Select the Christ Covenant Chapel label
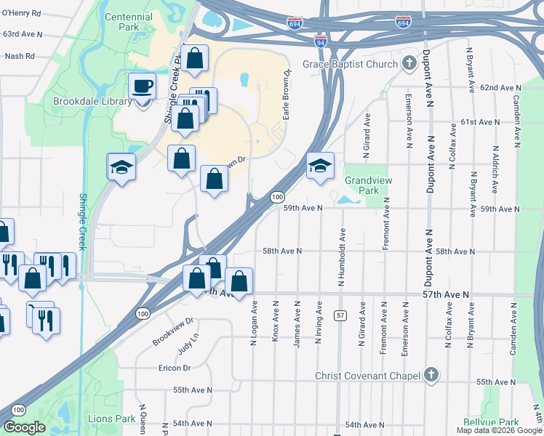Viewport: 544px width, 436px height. [x=368, y=376]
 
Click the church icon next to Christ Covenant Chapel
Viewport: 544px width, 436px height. [x=431, y=375]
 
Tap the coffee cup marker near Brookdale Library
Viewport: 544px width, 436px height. [x=142, y=87]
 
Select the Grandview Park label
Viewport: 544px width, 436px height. [x=362, y=185]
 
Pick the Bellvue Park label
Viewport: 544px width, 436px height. [x=490, y=421]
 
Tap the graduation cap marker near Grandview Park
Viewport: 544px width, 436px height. [x=319, y=166]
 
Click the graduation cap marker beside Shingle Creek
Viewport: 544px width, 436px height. [x=121, y=168]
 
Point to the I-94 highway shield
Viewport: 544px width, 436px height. [x=321, y=43]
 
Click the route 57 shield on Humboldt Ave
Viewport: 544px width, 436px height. [x=340, y=315]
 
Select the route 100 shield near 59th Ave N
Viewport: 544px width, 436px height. [x=277, y=197]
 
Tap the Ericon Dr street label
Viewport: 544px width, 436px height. [x=174, y=368]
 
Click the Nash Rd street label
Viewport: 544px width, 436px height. [x=20, y=55]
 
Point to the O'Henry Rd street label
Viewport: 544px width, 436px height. [x=22, y=12]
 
